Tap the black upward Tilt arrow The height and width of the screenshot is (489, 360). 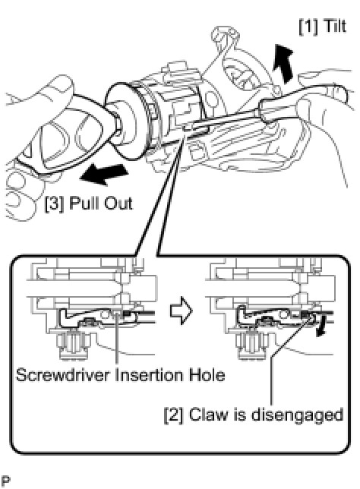[283, 64]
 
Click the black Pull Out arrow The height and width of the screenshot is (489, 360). [104, 174]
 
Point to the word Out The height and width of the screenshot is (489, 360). [118, 203]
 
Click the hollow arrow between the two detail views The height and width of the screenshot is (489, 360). [182, 311]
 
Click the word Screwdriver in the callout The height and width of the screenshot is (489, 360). [63, 374]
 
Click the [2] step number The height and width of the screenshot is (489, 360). [174, 415]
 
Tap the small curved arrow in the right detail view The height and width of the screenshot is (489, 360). [321, 325]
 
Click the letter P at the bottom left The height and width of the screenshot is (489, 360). [5, 482]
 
